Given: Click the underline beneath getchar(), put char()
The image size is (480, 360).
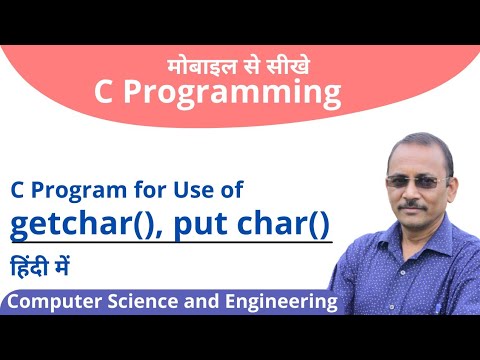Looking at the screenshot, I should (170, 245).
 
